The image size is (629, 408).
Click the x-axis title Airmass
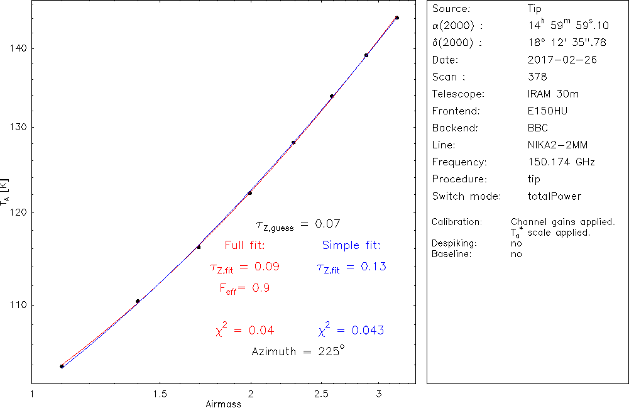click(223, 404)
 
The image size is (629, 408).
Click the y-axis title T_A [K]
click(6, 194)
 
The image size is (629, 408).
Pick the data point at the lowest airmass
click(62, 367)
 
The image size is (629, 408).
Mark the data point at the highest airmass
click(397, 18)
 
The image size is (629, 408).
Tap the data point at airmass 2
click(250, 193)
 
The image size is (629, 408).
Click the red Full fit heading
click(244, 245)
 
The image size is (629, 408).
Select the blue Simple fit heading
click(351, 245)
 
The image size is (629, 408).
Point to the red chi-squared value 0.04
click(244, 330)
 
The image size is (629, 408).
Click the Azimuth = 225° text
click(298, 351)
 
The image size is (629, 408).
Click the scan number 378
click(538, 77)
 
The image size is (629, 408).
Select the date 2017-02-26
click(562, 60)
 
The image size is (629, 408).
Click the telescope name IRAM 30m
click(554, 94)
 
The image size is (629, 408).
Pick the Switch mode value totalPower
click(555, 196)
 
